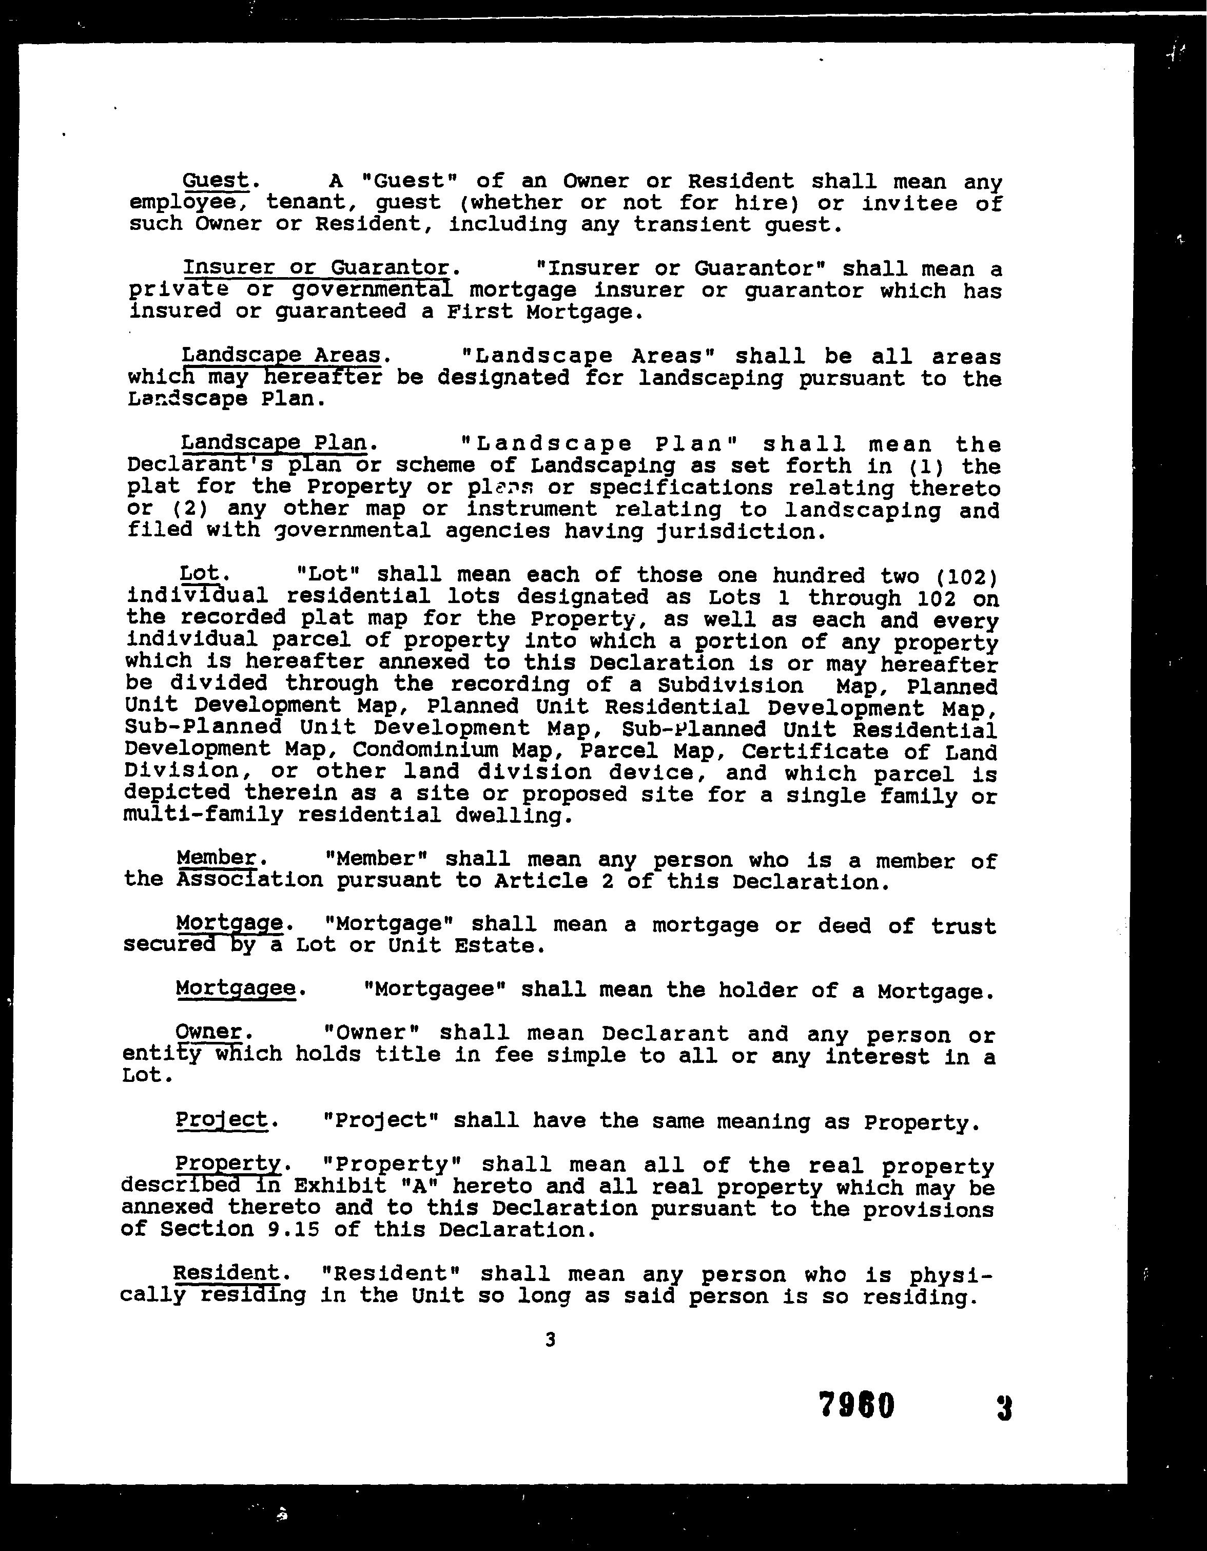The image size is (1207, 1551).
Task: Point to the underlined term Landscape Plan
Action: click(274, 442)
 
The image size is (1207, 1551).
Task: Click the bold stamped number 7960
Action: click(856, 1405)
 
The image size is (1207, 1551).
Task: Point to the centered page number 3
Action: click(550, 1340)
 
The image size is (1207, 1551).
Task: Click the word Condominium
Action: click(426, 750)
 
